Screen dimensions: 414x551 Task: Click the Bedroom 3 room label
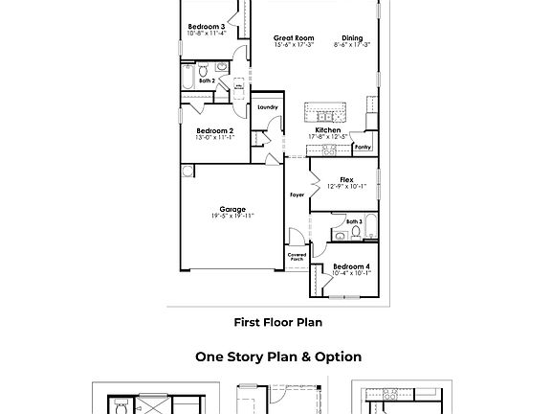pos(206,27)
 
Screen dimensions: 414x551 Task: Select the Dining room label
pos(353,39)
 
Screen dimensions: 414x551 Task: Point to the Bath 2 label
pos(208,81)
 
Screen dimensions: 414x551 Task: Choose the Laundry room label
pos(267,107)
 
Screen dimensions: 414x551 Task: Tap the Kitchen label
pos(328,130)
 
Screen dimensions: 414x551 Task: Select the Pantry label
pos(363,149)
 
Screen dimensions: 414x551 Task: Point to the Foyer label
pos(297,195)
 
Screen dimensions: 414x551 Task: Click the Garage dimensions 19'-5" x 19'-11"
pos(231,217)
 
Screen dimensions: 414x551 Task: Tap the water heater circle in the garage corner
pos(187,172)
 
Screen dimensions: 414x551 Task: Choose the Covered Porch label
pos(297,257)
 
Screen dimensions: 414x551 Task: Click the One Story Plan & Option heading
pos(278,356)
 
